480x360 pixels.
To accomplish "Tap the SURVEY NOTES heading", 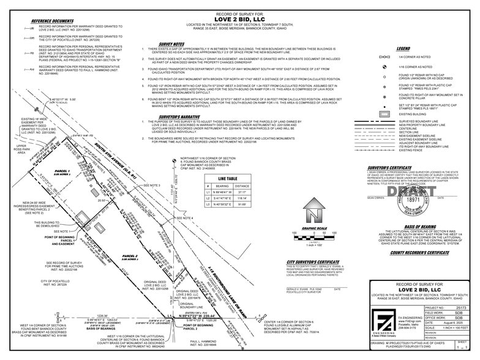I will tap(171, 45).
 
